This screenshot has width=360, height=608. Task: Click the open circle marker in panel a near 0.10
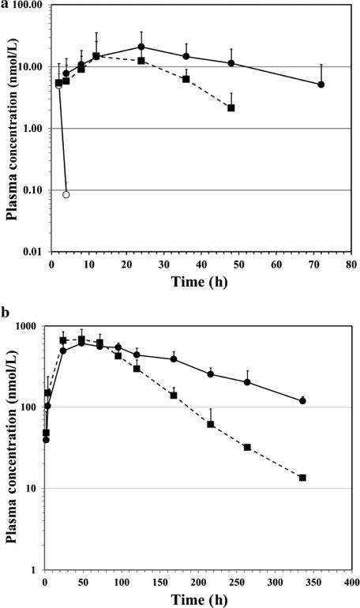(66, 194)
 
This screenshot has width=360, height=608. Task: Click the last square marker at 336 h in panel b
(302, 478)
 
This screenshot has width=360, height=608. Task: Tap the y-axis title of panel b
(11, 447)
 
